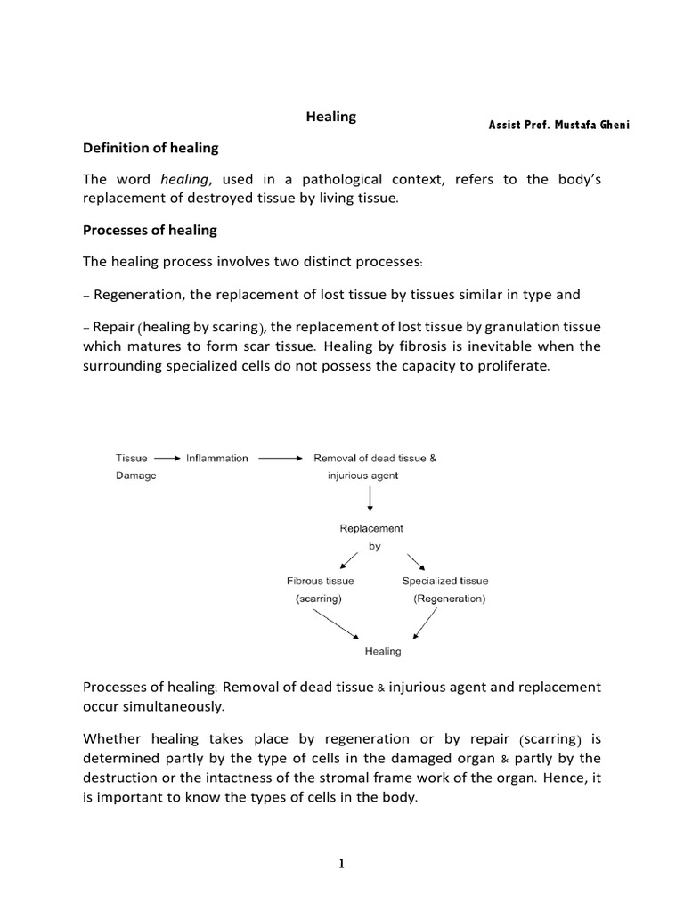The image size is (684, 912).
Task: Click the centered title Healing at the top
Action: pyautogui.click(x=331, y=117)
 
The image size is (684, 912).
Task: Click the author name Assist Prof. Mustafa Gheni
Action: pyautogui.click(x=558, y=125)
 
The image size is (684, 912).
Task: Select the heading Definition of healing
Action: pyautogui.click(x=151, y=148)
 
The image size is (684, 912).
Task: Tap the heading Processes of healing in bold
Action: pyautogui.click(x=150, y=230)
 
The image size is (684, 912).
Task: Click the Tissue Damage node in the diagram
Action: pyautogui.click(x=135, y=467)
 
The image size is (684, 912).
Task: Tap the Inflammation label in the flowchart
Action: pyautogui.click(x=217, y=458)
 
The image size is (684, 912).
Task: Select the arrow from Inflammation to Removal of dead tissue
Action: pyautogui.click(x=281, y=459)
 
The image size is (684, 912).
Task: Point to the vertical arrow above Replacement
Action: pyautogui.click(x=370, y=501)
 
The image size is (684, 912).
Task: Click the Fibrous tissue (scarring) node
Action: pyautogui.click(x=320, y=590)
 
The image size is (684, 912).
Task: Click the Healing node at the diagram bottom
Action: pyautogui.click(x=383, y=651)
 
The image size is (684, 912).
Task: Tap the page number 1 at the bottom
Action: pyautogui.click(x=342, y=863)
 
